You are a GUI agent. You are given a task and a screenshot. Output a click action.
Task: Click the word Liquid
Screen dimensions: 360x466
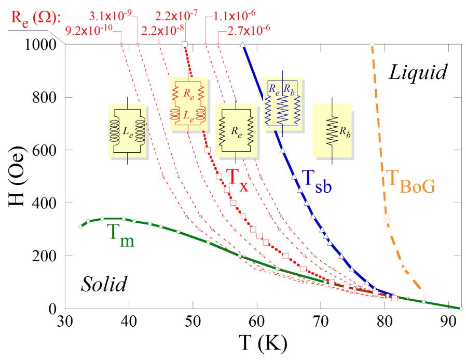coord(417,73)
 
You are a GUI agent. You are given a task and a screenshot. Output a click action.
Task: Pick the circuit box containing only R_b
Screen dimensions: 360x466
coord(332,130)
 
